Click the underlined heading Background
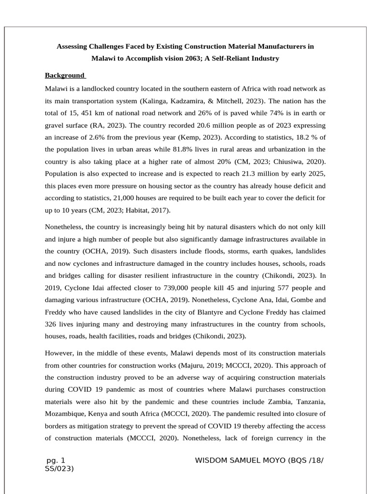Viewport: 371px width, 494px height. [x=64, y=75]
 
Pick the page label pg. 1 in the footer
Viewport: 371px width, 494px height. [x=56, y=460]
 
